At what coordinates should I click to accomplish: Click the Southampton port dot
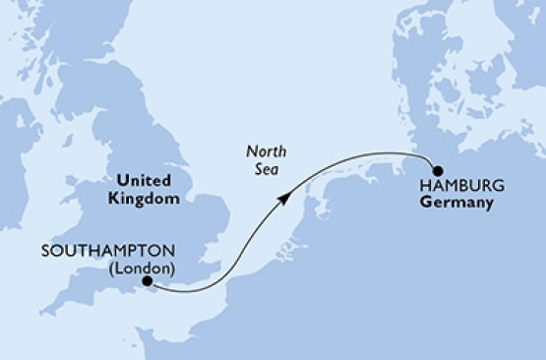click(x=148, y=282)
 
